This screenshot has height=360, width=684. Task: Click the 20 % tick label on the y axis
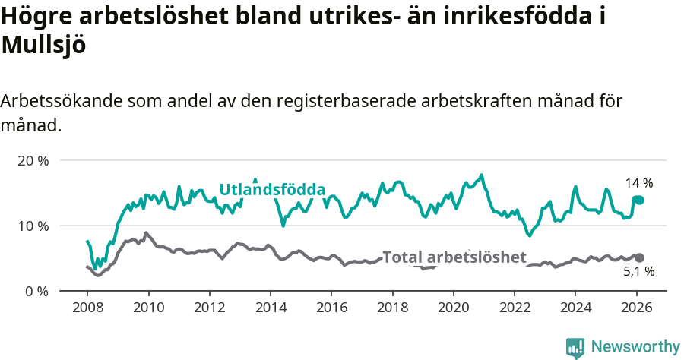(x=33, y=161)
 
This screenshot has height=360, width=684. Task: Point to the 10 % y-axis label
(x=33, y=226)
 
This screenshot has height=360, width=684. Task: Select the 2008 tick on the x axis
(x=87, y=309)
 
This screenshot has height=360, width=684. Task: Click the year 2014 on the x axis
(x=271, y=309)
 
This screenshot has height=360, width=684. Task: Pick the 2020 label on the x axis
(x=453, y=309)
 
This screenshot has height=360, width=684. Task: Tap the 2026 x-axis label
(x=636, y=309)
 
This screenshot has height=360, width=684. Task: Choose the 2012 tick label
(x=209, y=309)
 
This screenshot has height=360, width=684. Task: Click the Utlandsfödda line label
(x=272, y=190)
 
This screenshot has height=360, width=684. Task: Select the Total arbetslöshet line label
(x=454, y=257)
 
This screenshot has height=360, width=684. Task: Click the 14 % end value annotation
(x=638, y=183)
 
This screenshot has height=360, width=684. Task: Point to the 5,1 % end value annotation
(x=639, y=271)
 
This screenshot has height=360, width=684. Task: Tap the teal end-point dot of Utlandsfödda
(x=640, y=200)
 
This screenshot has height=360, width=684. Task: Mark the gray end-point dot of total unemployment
(x=640, y=258)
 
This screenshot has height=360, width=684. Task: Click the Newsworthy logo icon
(x=575, y=347)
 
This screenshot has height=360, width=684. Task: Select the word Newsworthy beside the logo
(x=635, y=347)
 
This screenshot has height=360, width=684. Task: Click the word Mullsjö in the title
(x=43, y=46)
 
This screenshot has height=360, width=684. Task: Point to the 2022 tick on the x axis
(x=515, y=309)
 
